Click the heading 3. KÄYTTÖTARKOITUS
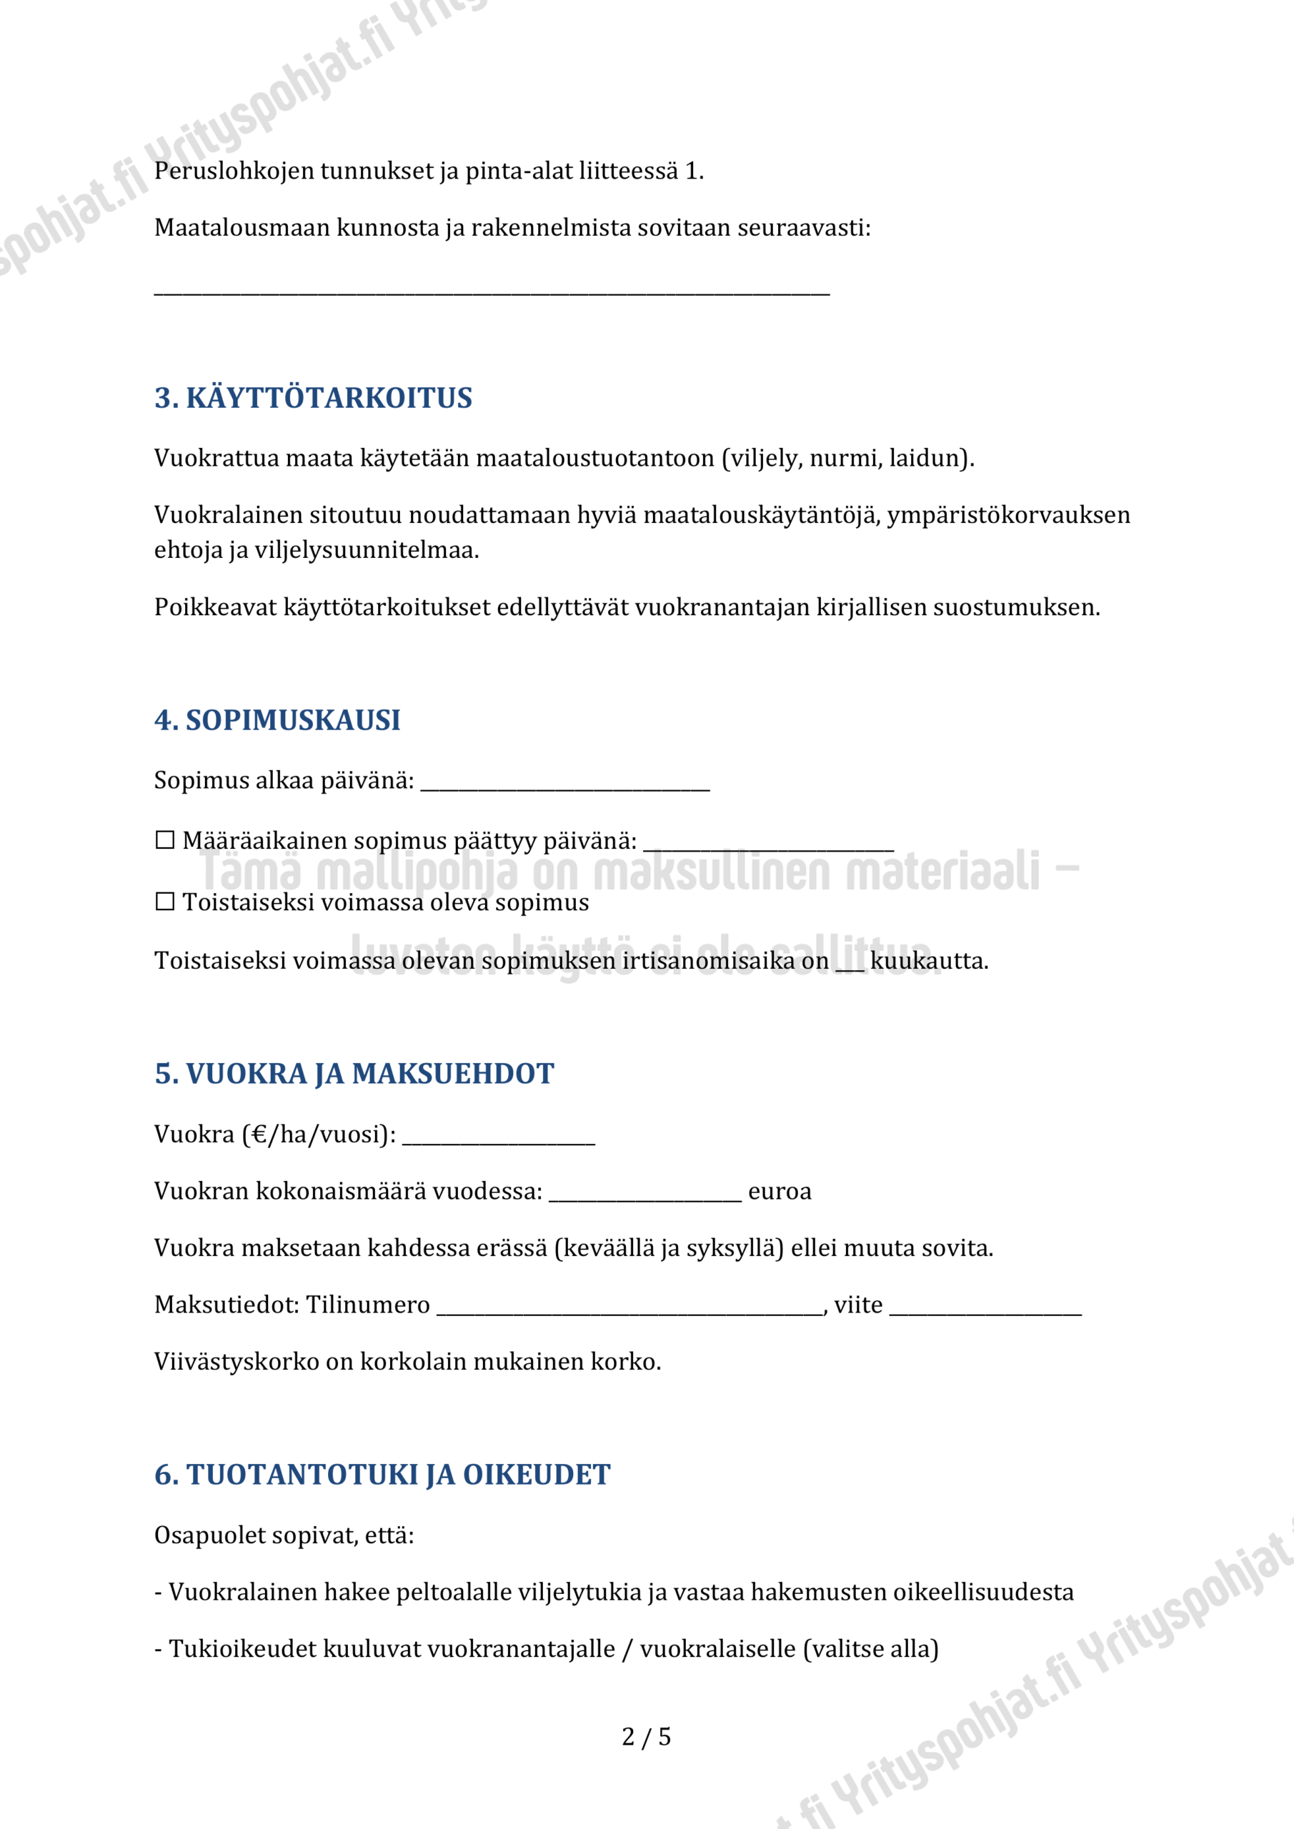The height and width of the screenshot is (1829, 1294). click(313, 397)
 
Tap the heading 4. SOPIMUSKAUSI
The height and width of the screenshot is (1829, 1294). click(277, 720)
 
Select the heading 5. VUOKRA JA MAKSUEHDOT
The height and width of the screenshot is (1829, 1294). click(354, 1074)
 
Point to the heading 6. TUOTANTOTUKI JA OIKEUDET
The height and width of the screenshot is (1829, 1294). click(382, 1475)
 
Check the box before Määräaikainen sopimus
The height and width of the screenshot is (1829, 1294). click(165, 839)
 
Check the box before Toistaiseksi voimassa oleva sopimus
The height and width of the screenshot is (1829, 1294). click(165, 901)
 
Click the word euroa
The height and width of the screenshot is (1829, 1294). click(780, 1191)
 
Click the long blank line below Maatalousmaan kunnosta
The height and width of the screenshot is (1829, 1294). click(492, 291)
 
